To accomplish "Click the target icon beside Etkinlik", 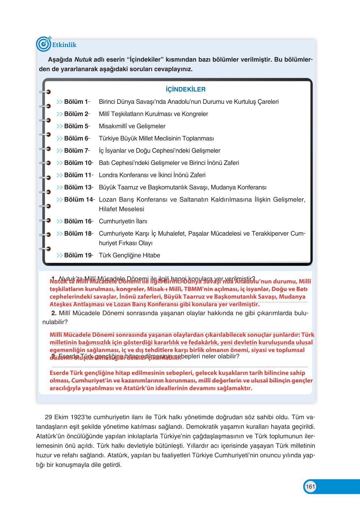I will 44,44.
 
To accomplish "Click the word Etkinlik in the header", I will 64,45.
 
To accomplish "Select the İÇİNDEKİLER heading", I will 186,89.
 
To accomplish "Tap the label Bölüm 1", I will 76,102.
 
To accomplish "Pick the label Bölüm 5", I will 76,126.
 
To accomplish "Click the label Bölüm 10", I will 78,163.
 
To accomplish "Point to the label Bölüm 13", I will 78,187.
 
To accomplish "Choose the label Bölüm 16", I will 78,221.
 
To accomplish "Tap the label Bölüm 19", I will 78,255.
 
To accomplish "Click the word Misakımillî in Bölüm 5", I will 114,126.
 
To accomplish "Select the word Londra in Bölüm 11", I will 108,175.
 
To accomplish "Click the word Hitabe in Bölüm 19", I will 151,255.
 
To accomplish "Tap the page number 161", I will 310,486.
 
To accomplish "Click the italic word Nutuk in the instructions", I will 83,59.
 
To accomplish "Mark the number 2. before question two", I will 54,313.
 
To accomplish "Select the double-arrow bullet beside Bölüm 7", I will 59,151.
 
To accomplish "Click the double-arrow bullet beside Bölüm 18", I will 59,233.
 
